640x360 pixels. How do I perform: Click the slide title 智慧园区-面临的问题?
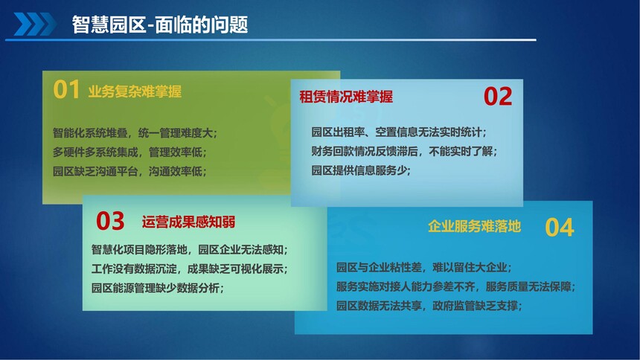point(160,25)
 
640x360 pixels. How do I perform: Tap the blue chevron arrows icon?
point(35,24)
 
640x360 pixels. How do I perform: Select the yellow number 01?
point(66,89)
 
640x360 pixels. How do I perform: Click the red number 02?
point(498,97)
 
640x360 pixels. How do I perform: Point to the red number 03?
point(110,221)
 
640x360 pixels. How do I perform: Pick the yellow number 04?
point(560,228)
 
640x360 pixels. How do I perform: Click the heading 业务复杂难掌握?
point(135,91)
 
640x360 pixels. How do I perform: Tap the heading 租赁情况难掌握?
point(346,97)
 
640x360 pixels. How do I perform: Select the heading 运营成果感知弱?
point(188,222)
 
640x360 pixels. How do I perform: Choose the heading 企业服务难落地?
point(474,226)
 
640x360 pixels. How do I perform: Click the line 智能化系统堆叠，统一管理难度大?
point(135,132)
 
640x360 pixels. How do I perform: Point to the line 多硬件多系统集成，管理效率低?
point(129,152)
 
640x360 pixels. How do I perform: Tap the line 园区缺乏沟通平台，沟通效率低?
point(129,171)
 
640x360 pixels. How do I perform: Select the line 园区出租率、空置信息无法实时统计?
point(399,132)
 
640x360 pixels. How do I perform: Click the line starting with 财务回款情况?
point(404,152)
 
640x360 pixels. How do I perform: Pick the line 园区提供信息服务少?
point(361,170)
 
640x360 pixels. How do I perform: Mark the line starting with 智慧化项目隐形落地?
point(189,249)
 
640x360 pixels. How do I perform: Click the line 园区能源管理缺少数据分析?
point(158,288)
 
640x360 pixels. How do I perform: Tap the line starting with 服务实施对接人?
point(455,286)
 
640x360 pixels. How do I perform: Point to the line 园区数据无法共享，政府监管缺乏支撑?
point(429,306)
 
